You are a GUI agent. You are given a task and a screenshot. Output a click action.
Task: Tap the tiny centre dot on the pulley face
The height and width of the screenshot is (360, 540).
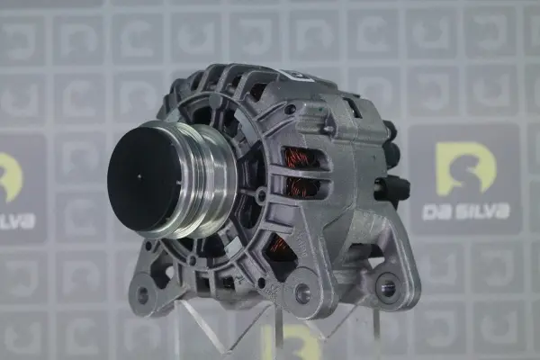(x=139, y=176)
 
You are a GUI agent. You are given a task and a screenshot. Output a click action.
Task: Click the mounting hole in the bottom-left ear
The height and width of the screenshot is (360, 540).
(x=142, y=294)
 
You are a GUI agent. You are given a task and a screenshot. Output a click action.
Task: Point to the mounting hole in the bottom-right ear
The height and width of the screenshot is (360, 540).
(x=387, y=286)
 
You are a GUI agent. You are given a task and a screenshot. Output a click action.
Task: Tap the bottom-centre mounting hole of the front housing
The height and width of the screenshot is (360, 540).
(x=302, y=292)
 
